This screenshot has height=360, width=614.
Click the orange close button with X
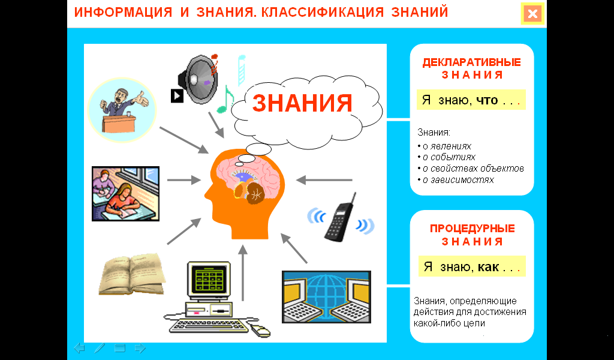(x=532, y=14)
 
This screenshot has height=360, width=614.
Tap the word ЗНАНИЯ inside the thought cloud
(x=302, y=103)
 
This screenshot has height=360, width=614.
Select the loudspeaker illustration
(x=198, y=80)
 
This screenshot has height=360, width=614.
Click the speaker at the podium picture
(x=122, y=110)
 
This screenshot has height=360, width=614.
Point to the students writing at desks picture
(x=126, y=194)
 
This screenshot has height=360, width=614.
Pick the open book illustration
(x=133, y=274)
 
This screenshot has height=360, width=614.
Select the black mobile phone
(x=339, y=218)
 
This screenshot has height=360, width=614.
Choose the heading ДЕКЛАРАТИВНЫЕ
(x=471, y=62)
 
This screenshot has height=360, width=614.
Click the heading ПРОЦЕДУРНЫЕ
(x=472, y=229)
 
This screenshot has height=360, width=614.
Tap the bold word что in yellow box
(x=487, y=100)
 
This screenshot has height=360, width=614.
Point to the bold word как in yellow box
(x=488, y=267)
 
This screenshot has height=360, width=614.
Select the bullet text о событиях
(x=449, y=157)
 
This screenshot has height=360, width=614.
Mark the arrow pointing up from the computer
(x=243, y=273)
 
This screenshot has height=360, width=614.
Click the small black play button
(x=177, y=95)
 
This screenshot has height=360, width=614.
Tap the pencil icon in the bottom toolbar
(x=100, y=347)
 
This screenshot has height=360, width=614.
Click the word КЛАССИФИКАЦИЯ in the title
(x=323, y=13)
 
